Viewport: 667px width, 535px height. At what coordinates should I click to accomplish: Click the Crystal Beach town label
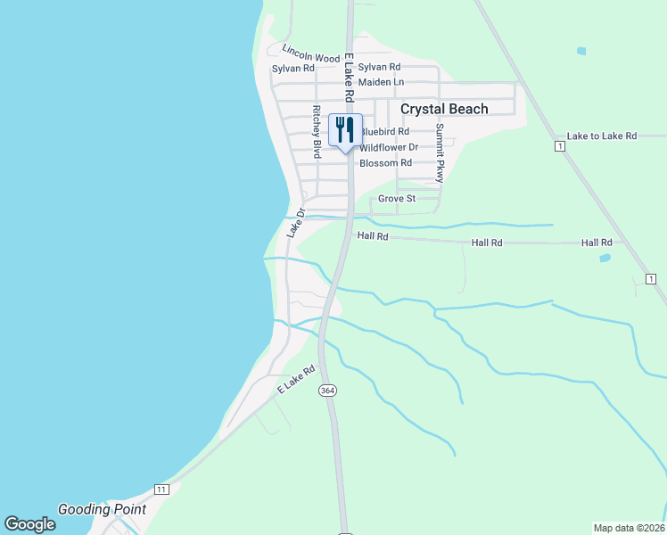tap(444, 109)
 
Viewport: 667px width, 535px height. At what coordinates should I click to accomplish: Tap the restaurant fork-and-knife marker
tap(345, 129)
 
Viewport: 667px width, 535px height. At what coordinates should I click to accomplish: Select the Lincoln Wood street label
tap(311, 53)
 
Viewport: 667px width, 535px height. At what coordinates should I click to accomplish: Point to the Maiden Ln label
tap(382, 82)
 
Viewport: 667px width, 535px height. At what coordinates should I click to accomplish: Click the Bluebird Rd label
tap(384, 132)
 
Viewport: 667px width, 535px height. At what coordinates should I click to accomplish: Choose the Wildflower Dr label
tap(389, 147)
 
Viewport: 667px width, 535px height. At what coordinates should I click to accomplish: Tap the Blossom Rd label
tap(385, 163)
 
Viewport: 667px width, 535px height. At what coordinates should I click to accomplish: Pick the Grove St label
tap(397, 199)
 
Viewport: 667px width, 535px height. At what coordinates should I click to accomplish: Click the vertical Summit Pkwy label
tap(440, 152)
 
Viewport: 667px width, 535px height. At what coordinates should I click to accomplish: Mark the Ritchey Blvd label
tap(316, 133)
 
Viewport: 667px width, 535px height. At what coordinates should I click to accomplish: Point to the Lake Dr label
tap(296, 223)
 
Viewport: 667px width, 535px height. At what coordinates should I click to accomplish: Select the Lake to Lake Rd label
tap(601, 136)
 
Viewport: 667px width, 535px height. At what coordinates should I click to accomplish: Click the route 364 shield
tap(327, 391)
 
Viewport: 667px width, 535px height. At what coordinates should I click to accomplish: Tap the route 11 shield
tap(161, 490)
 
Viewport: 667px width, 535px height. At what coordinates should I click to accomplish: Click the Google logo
tap(29, 524)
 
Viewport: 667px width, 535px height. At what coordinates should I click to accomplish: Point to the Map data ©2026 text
tap(630, 528)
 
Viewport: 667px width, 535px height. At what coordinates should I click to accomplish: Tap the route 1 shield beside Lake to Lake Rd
tap(559, 144)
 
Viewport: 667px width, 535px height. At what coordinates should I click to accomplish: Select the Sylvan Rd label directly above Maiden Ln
tap(379, 67)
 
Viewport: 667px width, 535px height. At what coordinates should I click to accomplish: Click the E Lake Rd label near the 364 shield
tap(297, 379)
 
